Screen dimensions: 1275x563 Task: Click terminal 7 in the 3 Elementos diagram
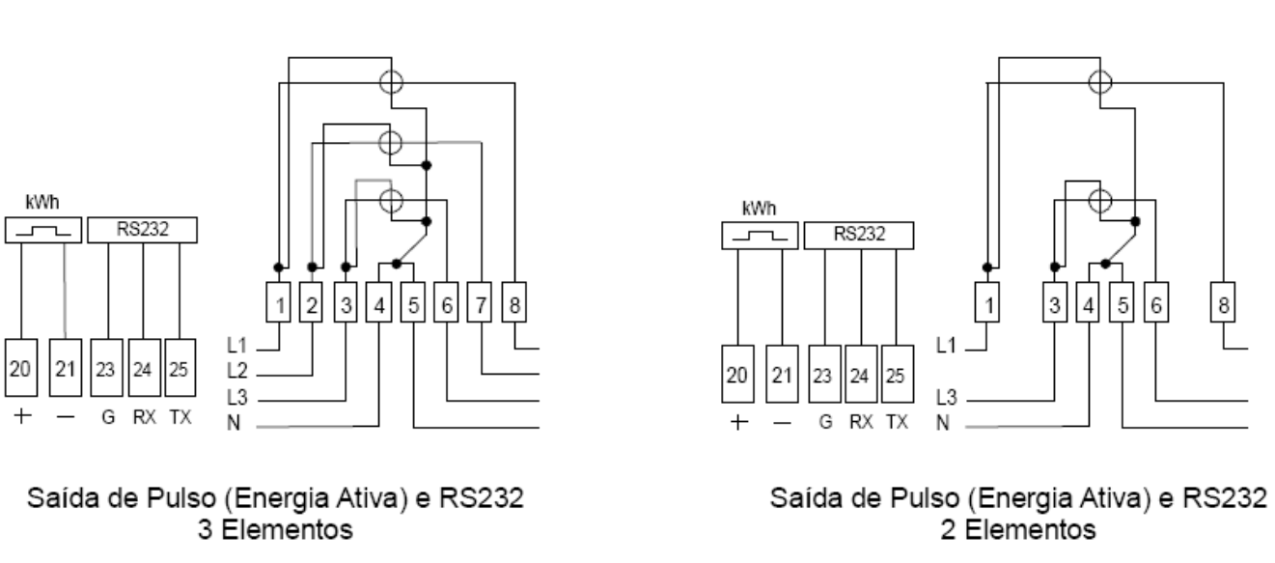point(480,302)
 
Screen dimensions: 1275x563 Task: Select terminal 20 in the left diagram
point(21,368)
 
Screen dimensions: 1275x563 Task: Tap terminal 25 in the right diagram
point(897,374)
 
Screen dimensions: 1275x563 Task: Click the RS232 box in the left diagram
point(142,230)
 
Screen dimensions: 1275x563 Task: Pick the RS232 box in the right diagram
point(859,236)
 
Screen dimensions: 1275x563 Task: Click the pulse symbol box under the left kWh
point(43,230)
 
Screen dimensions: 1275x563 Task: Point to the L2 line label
point(236,371)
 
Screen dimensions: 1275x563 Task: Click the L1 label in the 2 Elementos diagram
point(947,345)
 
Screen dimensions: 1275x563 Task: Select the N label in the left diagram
point(234,423)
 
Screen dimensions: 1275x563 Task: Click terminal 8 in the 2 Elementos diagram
point(1223,302)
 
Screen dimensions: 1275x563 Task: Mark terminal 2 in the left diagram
point(311,302)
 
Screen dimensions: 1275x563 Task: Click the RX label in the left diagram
point(144,417)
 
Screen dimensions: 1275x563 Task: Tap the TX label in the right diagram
point(897,422)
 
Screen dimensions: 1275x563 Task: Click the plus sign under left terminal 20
point(22,416)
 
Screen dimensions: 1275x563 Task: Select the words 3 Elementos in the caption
point(275,529)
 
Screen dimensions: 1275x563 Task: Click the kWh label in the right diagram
point(759,209)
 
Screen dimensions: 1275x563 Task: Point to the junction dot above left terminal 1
point(278,267)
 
